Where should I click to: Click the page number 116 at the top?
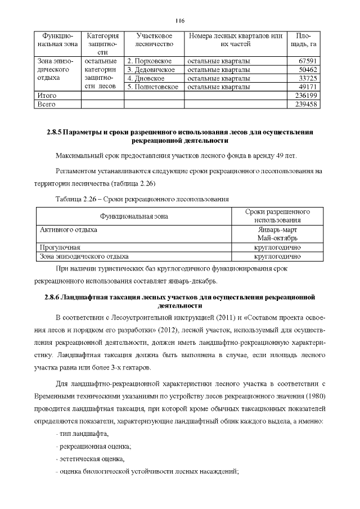(x=179, y=21)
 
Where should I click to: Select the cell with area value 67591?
(x=308, y=61)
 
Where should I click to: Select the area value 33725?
(x=308, y=78)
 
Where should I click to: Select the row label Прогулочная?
(x=60, y=247)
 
